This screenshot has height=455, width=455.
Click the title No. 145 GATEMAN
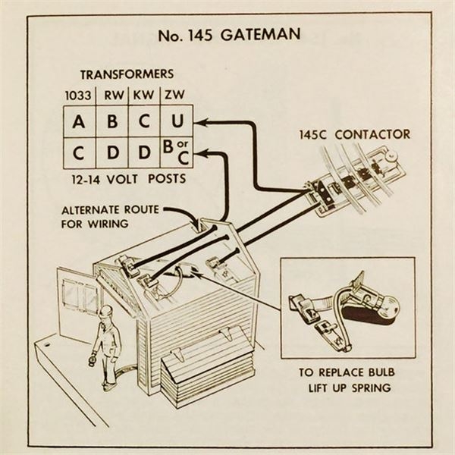(x=227, y=35)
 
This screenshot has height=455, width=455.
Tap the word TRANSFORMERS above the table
(x=127, y=74)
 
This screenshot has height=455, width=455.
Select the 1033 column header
(x=80, y=96)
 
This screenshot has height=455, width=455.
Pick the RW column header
(x=113, y=96)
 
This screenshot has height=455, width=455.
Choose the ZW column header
(x=174, y=96)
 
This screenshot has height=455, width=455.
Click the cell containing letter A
(x=80, y=121)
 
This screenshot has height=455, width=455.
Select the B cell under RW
(x=112, y=121)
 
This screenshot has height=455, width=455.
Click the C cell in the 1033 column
(x=80, y=154)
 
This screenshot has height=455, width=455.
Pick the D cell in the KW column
(x=143, y=154)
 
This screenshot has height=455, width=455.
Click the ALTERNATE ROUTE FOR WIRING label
(x=106, y=217)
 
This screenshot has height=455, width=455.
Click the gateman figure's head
(x=106, y=312)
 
